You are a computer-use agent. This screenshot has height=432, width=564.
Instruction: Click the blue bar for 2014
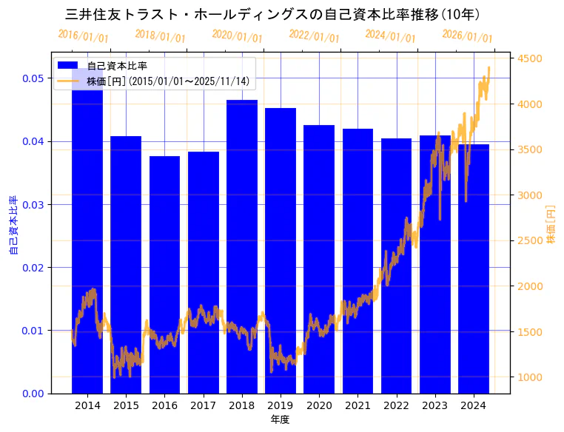coord(87,222)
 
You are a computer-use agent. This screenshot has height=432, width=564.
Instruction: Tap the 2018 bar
coord(242,222)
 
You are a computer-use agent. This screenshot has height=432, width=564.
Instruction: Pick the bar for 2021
coord(357,222)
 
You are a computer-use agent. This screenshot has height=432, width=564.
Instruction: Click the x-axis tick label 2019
coord(281,405)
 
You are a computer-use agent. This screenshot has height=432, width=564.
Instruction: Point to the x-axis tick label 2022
coord(396,405)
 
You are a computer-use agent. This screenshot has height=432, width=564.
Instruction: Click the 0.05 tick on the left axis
coord(32,78)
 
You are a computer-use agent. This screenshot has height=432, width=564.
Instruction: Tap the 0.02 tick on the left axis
coord(32,267)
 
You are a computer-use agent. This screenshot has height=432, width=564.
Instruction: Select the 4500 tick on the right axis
coord(530,58)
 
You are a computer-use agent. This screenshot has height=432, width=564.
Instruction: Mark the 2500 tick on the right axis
coord(530,240)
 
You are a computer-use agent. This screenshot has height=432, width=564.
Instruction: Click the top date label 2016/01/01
coord(83,36)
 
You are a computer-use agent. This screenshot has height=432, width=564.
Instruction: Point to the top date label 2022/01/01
coord(314,36)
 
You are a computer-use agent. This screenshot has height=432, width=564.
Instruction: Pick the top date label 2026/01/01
coord(467,36)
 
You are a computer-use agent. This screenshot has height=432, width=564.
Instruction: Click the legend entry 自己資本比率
coord(117,66)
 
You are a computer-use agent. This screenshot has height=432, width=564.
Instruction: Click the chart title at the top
coord(273,14)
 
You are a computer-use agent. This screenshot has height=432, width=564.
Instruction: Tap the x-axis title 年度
coord(280,419)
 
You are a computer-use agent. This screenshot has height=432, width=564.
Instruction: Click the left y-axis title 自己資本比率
coord(13,226)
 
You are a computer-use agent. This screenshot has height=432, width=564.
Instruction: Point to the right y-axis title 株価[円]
coord(551,225)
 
